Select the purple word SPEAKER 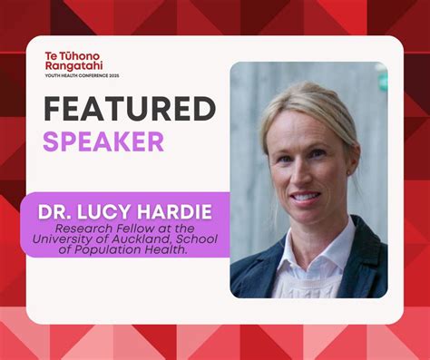[x=103, y=142]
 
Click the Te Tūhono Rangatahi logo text [x=73, y=61]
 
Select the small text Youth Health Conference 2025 [x=81, y=75]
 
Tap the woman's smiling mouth [x=305, y=195]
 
